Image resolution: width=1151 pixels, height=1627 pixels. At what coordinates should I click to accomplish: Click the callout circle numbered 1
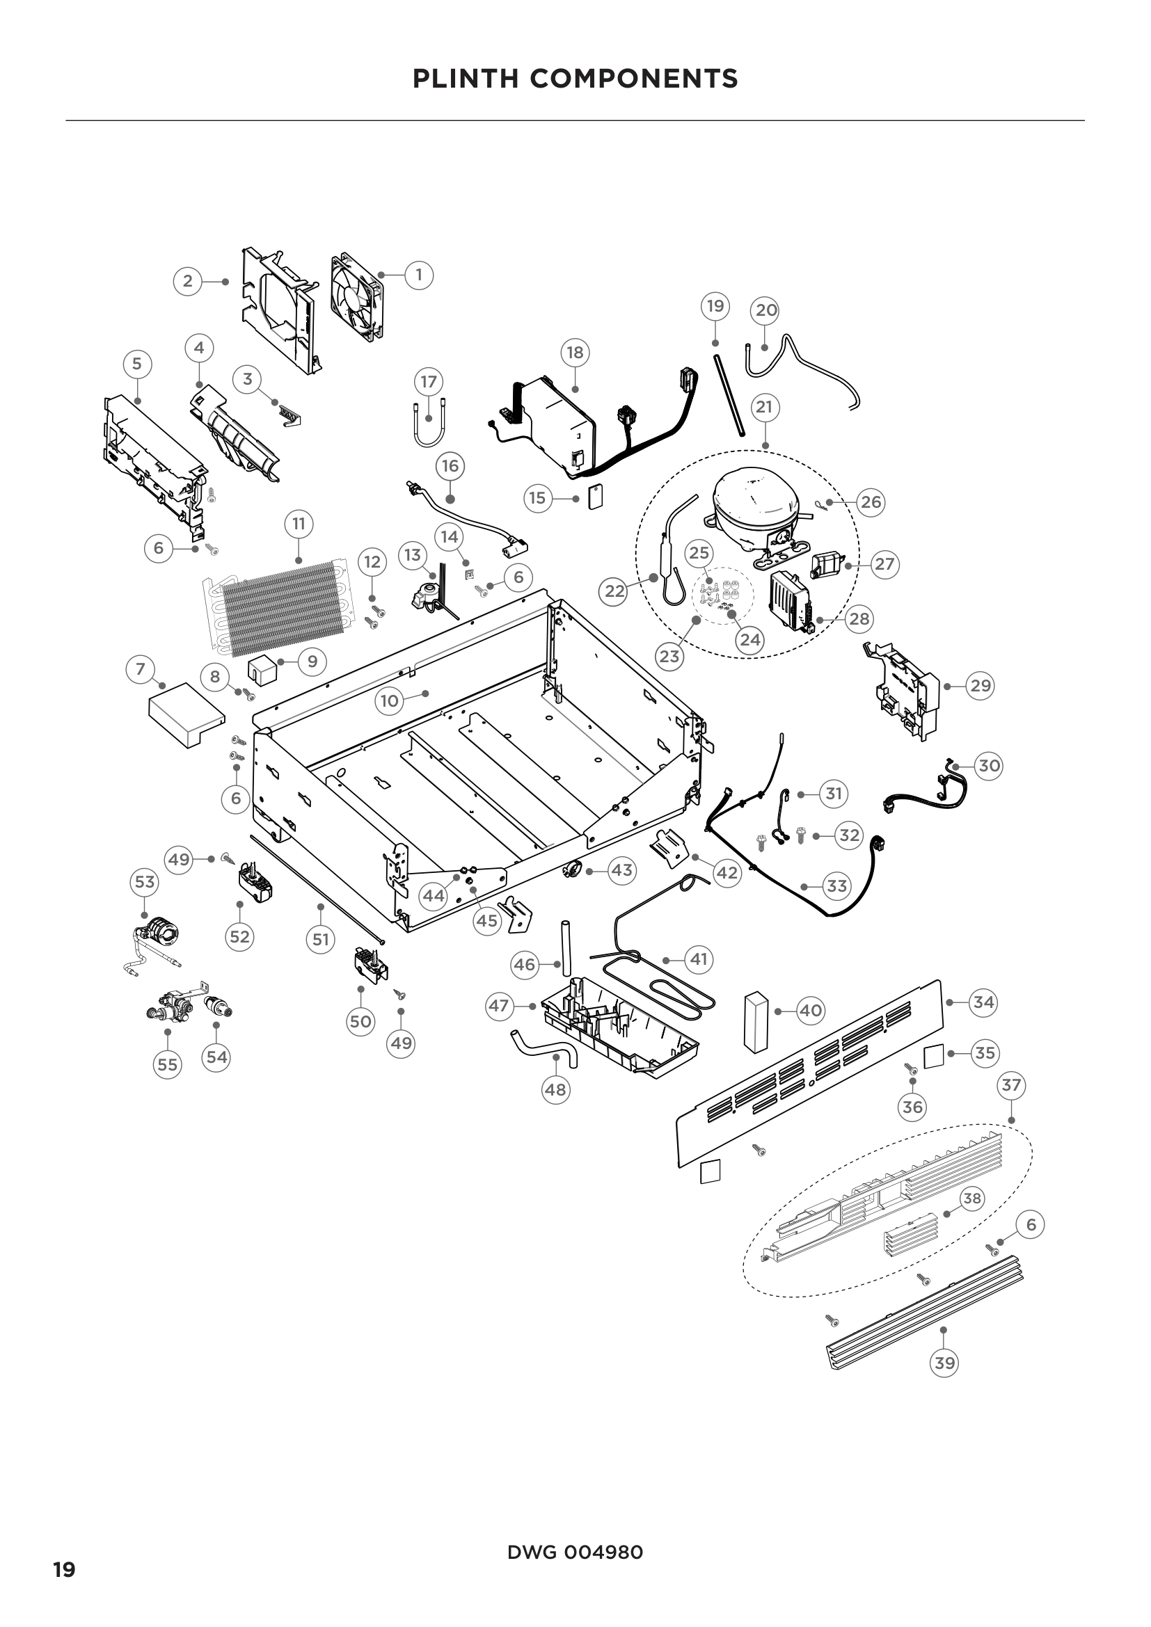coord(419,274)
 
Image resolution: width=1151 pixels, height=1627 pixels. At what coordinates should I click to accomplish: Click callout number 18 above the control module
coord(575,352)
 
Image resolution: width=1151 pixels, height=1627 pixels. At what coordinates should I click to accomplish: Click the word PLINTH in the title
coord(466,79)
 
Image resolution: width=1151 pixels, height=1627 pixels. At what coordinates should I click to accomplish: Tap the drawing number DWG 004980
coord(575,1553)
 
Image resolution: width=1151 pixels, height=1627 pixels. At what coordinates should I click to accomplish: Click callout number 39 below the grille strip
coord(945,1362)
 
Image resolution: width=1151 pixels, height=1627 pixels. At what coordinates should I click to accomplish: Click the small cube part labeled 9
coord(262,671)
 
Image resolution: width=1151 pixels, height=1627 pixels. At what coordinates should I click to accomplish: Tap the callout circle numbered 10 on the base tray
coord(389,701)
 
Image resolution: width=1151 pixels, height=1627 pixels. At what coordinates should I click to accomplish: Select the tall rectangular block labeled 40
coord(756,1020)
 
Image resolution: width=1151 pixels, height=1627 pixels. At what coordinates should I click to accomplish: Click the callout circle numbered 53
coord(145,881)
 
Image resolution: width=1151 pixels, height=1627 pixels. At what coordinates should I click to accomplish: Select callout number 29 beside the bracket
coord(980,685)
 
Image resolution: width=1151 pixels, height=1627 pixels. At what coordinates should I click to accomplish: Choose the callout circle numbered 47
coord(499,1006)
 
